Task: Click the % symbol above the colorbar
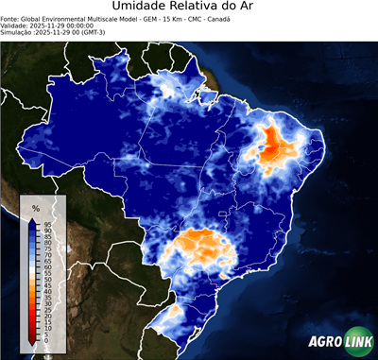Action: (36, 208)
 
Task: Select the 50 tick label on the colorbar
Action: (46, 280)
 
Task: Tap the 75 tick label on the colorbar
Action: (46, 249)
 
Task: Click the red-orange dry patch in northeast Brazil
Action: (277, 144)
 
